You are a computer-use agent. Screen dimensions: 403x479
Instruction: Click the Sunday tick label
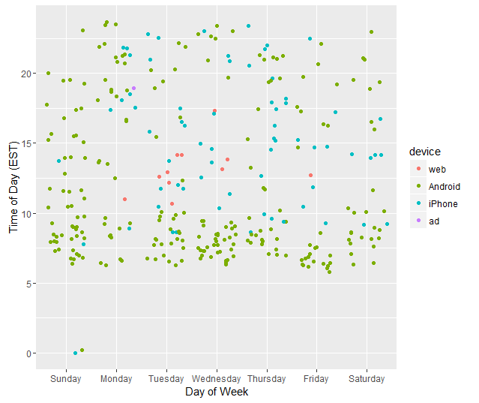coord(66,379)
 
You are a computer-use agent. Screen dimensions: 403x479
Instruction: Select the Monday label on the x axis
coord(116,379)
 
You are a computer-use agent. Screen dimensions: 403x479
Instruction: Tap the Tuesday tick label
coord(166,379)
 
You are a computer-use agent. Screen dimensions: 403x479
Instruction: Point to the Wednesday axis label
coord(217,379)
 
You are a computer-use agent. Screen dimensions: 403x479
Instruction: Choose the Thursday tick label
coord(267,379)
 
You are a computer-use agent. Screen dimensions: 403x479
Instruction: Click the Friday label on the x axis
coord(316,379)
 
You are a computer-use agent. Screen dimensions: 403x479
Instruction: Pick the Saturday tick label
coord(367,379)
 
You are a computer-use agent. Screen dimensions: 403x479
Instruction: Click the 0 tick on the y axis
coord(28,353)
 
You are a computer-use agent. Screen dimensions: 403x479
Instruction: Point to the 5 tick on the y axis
coord(28,284)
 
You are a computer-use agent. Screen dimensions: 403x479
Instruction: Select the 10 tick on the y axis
coord(26,214)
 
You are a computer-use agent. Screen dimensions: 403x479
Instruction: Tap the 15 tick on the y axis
coord(26,143)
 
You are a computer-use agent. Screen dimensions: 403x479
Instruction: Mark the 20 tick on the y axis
coord(26,74)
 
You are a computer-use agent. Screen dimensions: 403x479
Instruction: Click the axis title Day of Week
coord(217,392)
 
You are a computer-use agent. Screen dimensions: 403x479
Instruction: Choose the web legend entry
coord(436,169)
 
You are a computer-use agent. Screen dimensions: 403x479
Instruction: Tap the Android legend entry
coord(444,186)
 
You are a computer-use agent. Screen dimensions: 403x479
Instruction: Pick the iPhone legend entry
coord(442,203)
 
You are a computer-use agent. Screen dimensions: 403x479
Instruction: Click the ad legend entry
coord(434,221)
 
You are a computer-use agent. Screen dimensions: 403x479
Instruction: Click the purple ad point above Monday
coord(133,89)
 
